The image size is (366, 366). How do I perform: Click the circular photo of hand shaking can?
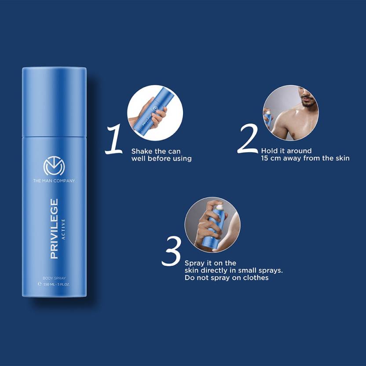tap(155, 113)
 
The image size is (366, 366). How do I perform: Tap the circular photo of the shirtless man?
tap(291, 113)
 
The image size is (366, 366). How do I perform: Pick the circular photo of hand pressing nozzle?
tap(212, 225)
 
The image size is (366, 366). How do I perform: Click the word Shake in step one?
tap(141, 151)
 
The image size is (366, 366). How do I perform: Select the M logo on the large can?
tap(54, 166)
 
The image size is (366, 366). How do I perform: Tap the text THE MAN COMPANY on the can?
tap(54, 181)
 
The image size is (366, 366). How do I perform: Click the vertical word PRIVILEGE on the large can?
tap(54, 228)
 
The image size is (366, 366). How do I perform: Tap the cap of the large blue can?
tap(54, 101)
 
